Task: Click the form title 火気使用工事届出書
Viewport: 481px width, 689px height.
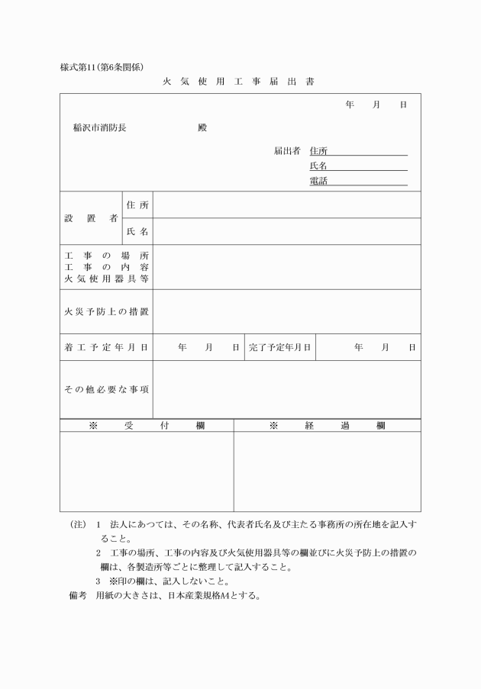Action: [x=238, y=81]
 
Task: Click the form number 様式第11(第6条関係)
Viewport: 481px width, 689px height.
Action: [x=102, y=66]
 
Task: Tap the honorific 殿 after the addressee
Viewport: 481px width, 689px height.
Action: [x=202, y=127]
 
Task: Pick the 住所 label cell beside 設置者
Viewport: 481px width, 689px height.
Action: [x=137, y=205]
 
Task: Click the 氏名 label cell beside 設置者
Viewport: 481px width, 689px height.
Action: [x=137, y=231]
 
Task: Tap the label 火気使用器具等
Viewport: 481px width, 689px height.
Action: [x=106, y=279]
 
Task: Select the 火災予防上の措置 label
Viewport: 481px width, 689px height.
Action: [x=106, y=311]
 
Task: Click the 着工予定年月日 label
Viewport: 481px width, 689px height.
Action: [x=106, y=347]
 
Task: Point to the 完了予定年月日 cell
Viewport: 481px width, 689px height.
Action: [x=279, y=347]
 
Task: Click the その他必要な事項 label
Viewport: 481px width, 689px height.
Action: [x=106, y=389]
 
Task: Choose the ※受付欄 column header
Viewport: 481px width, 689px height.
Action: [x=147, y=426]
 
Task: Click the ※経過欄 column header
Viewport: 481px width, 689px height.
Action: [x=327, y=426]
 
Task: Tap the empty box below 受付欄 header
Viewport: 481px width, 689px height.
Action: [x=147, y=471]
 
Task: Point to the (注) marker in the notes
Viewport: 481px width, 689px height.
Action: [x=77, y=526]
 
